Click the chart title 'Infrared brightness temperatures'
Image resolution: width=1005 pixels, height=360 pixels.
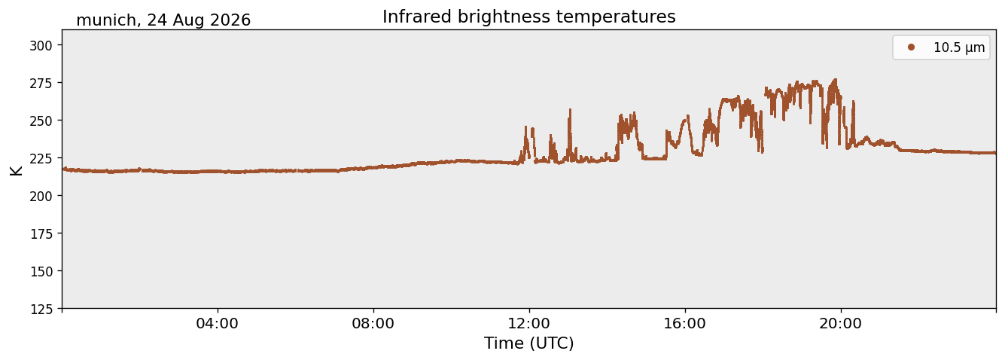(529, 17)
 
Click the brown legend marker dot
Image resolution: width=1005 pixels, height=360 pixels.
(911, 47)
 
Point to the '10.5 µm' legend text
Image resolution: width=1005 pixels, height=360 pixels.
(959, 47)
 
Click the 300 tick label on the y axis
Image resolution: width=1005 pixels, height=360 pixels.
(41, 45)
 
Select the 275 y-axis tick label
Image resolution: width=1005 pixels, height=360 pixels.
(41, 83)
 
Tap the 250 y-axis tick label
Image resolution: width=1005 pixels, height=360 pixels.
(41, 121)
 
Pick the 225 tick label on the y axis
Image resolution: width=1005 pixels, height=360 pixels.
(41, 158)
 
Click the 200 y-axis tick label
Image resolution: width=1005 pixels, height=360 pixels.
(41, 196)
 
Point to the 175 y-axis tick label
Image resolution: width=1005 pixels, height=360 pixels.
(41, 234)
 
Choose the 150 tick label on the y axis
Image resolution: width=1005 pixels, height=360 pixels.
(41, 272)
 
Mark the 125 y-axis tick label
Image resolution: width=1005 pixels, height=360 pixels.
(41, 310)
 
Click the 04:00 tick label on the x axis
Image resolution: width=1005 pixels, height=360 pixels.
(218, 323)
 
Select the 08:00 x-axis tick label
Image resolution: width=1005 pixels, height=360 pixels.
(373, 323)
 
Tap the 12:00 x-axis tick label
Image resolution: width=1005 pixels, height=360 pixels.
(529, 323)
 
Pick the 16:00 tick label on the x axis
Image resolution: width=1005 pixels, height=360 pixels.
(684, 323)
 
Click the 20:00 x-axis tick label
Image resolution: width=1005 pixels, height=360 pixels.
(840, 323)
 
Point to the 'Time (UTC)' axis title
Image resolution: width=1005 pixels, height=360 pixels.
(529, 343)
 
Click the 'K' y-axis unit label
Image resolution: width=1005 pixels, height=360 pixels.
(16, 170)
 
